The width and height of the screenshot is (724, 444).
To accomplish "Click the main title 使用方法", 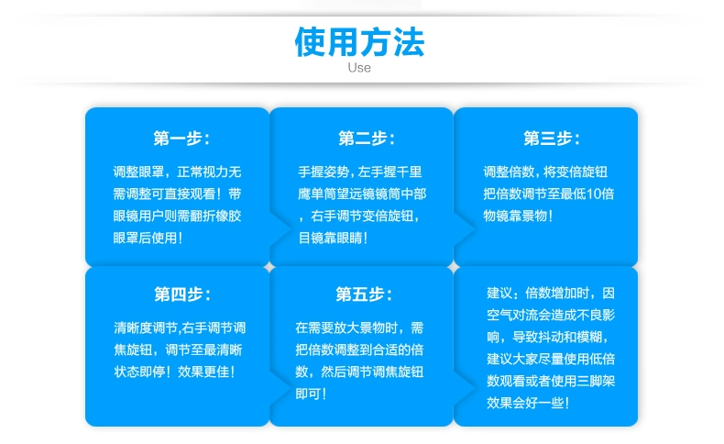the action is coord(359,42).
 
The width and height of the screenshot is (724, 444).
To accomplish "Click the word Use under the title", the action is coord(359,68).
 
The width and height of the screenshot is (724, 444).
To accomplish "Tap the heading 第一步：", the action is coord(181,139).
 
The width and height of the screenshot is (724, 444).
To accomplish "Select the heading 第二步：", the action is coord(367,139).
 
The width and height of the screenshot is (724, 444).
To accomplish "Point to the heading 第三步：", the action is coord(552,139).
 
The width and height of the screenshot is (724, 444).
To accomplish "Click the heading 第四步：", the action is coord(182,294).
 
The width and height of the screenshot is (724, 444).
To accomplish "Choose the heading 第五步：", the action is coord(364,294).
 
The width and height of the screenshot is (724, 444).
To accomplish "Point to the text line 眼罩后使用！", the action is coord(148,238).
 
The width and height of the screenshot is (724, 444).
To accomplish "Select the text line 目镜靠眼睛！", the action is coord(333,238).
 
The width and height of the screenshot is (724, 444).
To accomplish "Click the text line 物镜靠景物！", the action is coord(518,216).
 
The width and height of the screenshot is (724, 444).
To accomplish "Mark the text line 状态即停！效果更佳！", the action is coord(174,372).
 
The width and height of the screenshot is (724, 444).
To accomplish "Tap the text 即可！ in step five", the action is coord(311,394).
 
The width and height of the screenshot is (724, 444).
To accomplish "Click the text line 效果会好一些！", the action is coord(528,403).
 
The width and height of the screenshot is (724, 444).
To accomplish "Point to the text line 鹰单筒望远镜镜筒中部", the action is coord(362,194).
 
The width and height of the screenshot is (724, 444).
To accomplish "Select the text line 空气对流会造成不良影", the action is coord(551,315).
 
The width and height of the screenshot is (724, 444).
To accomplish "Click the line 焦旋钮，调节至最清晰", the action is coord(178,350).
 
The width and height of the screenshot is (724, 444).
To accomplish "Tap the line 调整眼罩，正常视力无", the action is coord(177,172).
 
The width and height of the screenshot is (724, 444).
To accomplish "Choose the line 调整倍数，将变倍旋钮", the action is coord(545,172).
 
